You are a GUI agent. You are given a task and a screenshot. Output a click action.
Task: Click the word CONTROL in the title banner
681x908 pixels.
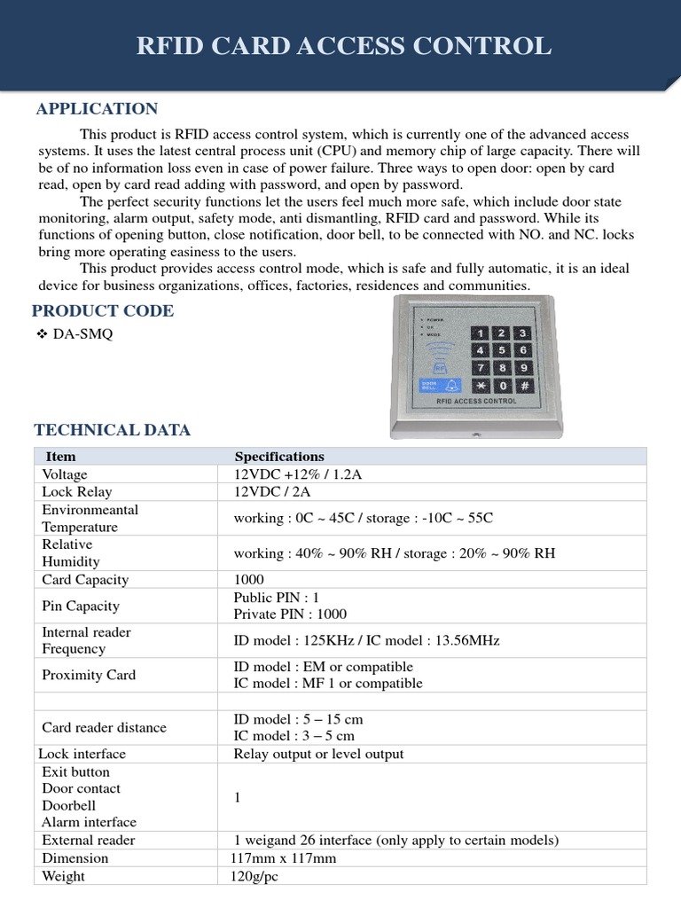[487, 46]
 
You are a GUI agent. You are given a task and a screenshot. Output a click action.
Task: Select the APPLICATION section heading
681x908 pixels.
[97, 108]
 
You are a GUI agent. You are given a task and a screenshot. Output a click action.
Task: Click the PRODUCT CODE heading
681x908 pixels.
[103, 310]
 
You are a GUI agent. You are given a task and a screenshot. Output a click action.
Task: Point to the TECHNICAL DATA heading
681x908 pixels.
[112, 430]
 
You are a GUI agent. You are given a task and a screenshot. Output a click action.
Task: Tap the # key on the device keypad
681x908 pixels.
[523, 386]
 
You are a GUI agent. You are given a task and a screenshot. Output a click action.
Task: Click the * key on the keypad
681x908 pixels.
[481, 386]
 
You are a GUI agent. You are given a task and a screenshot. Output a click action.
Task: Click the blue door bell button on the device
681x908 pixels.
[441, 386]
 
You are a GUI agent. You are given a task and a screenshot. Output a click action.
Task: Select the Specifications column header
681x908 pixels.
[279, 457]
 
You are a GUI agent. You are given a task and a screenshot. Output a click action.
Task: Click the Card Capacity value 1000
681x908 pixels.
[249, 579]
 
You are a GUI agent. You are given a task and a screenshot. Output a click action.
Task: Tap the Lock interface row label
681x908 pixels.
[82, 754]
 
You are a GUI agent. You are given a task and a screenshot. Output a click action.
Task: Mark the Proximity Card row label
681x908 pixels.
[89, 675]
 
